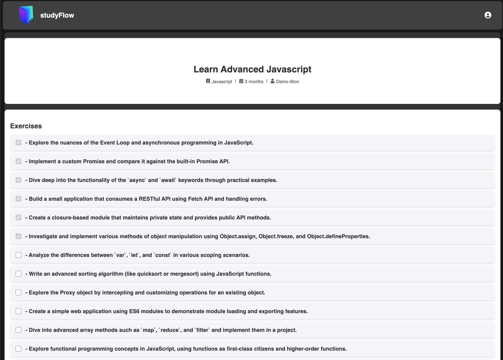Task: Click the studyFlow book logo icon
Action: (x=26, y=15)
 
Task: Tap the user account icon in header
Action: (x=488, y=15)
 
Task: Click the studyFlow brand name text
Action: (x=57, y=15)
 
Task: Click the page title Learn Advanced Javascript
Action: (x=252, y=69)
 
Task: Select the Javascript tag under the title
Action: (x=222, y=81)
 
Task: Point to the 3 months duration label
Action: (x=254, y=81)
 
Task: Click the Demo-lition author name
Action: (x=287, y=81)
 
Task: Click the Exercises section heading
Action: (x=26, y=126)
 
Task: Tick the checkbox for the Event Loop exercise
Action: (x=18, y=143)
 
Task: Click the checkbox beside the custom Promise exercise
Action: (x=18, y=161)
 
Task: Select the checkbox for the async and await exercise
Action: (x=18, y=180)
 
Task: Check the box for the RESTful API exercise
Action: (x=18, y=199)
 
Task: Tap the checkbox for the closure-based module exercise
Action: (x=18, y=217)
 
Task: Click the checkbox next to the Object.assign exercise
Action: (x=18, y=236)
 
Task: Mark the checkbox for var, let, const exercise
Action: (x=18, y=255)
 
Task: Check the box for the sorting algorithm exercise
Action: (x=18, y=274)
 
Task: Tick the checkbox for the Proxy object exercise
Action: (x=18, y=292)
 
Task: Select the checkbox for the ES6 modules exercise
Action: (x=18, y=311)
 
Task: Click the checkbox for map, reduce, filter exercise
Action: (x=18, y=330)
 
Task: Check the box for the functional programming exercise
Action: (x=18, y=349)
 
